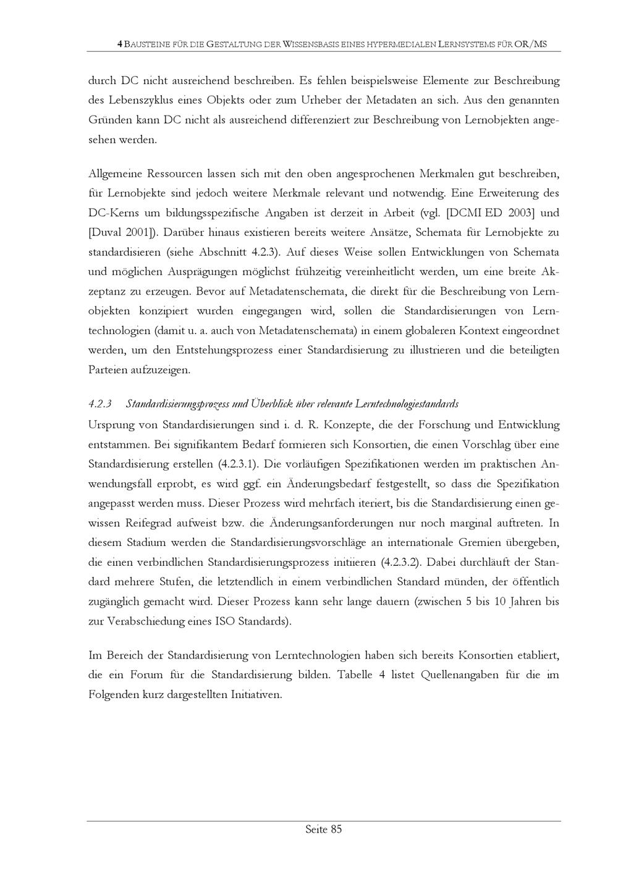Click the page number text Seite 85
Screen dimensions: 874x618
(323, 830)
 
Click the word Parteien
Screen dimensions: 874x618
(108, 371)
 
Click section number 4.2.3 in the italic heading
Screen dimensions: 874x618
(100, 404)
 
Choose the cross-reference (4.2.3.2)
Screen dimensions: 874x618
(400, 563)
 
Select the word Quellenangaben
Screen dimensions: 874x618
(459, 674)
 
